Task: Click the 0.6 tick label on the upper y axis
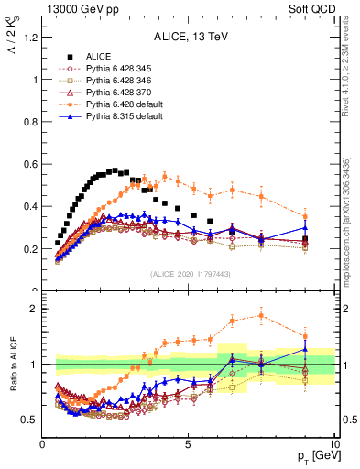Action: tap(27, 164)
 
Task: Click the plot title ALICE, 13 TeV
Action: tap(189, 38)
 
